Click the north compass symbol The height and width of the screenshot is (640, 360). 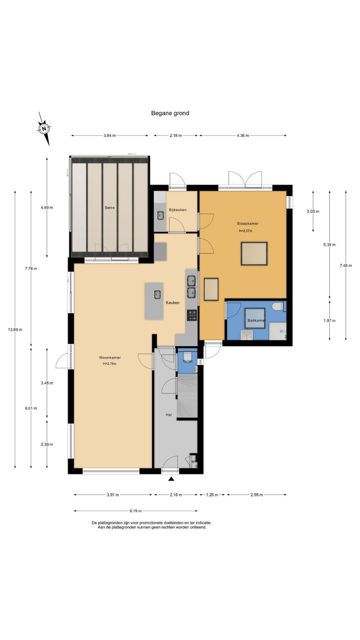pos(44,128)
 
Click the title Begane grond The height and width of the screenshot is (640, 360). pos(170,113)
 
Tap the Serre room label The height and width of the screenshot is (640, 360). pos(110,207)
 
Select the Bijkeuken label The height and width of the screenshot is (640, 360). pos(177,210)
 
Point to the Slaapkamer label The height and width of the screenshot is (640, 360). pos(247,223)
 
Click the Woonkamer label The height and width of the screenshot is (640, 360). pos(110,357)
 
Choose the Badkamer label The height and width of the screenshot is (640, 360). pos(257,320)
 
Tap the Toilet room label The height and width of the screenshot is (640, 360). pos(187,361)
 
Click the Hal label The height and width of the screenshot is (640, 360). pos(169,415)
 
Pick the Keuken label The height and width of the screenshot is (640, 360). pos(172,302)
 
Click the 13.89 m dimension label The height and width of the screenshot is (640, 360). pos(15,329)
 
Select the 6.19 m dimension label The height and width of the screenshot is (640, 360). pos(136,511)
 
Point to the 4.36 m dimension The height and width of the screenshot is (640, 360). pos(243,136)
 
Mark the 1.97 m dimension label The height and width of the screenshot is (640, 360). pos(329,321)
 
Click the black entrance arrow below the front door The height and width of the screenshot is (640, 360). pos(171,479)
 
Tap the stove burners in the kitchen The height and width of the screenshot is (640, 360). pos(192,315)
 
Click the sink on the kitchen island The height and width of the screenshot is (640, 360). pos(157,294)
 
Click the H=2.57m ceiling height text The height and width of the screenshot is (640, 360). pos(245,231)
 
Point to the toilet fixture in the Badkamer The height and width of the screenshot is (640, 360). pos(277,307)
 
